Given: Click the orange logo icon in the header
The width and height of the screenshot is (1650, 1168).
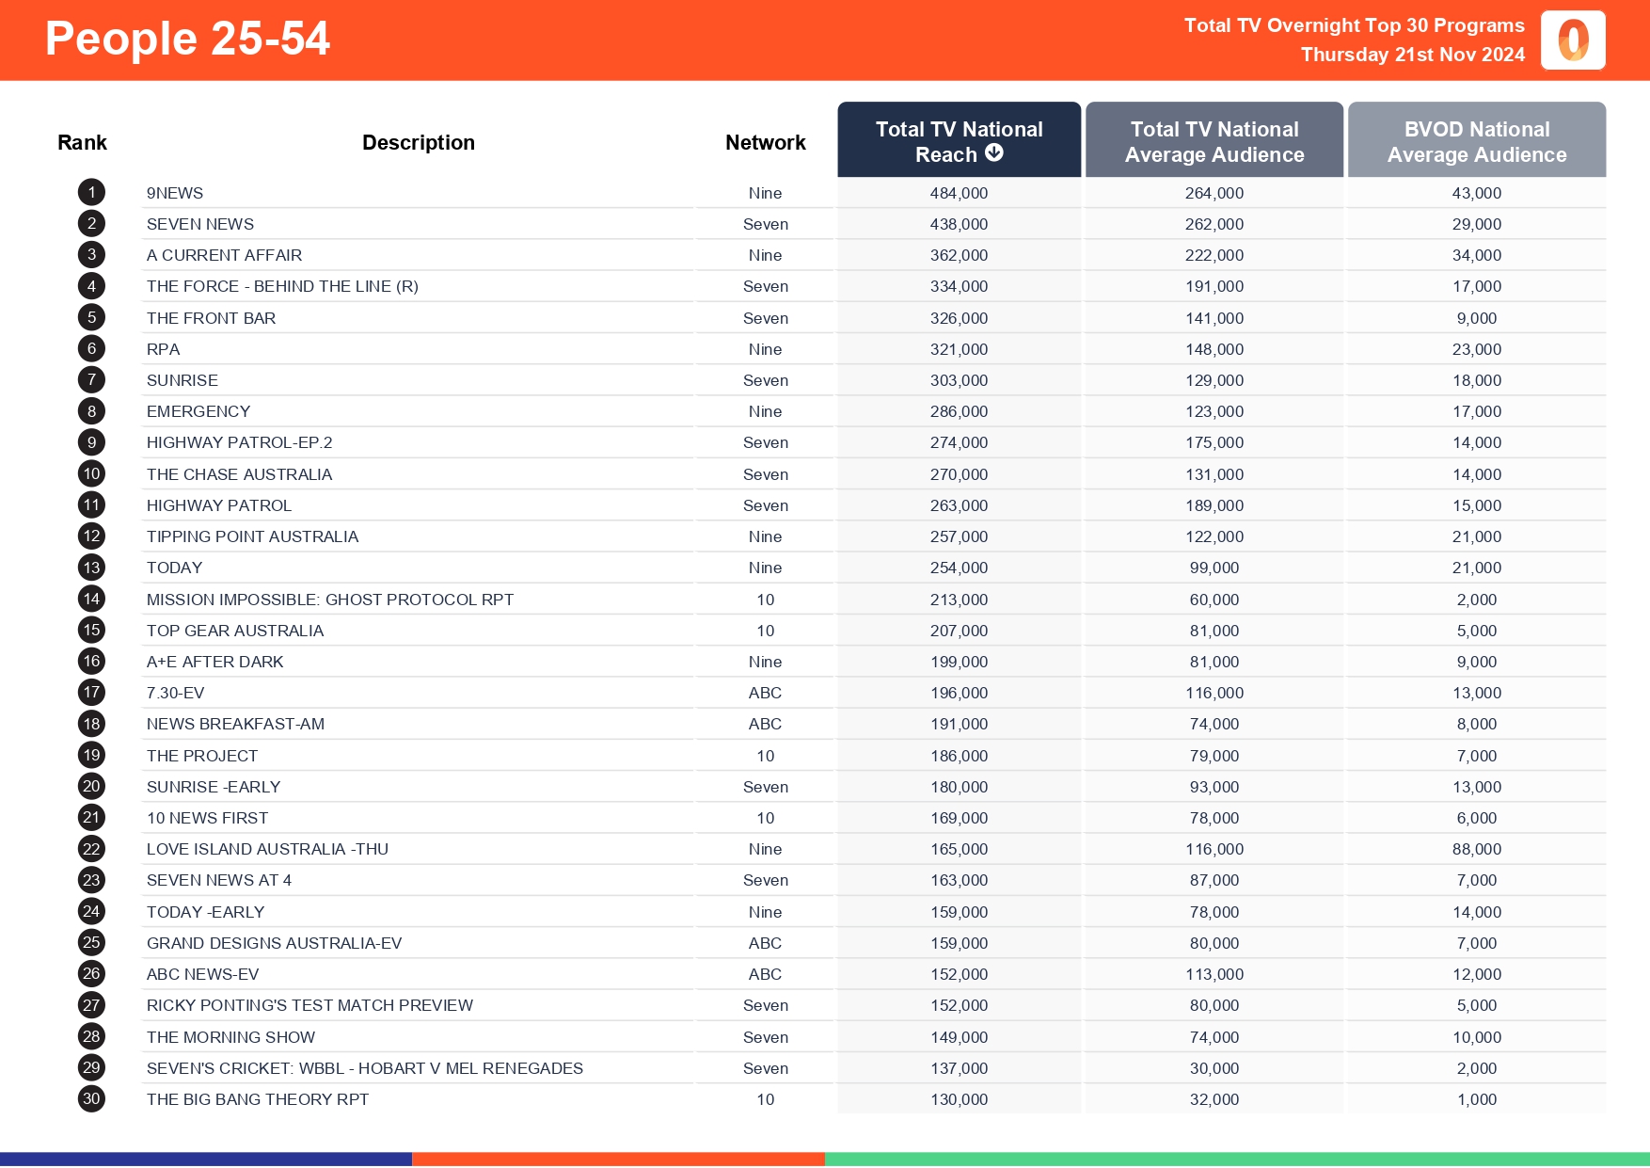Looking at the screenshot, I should click(1573, 40).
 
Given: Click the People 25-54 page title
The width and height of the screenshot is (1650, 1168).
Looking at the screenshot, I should click(187, 40).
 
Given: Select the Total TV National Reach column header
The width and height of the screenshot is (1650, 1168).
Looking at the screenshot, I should click(959, 140).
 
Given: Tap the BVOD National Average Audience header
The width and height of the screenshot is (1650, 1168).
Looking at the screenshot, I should click(1476, 141).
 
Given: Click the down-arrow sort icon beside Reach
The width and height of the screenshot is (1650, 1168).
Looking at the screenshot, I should click(994, 153).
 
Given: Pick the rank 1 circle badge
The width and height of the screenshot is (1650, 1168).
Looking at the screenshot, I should click(91, 193).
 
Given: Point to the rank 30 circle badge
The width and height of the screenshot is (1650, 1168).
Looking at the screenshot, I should click(91, 1099).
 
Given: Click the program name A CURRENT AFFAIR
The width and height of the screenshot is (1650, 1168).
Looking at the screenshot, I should click(224, 255).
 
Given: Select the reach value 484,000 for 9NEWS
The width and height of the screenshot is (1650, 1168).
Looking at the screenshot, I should click(959, 193).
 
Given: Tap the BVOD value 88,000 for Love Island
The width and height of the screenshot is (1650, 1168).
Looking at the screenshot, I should click(1476, 849).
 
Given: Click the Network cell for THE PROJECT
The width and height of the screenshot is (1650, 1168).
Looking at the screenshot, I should click(766, 756).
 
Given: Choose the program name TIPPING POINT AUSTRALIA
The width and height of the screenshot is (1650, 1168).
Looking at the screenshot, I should click(252, 536).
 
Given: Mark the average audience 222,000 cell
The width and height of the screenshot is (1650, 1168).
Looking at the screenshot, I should click(1214, 255).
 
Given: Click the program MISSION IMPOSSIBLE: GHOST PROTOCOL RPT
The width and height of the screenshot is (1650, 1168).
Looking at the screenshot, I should click(329, 600).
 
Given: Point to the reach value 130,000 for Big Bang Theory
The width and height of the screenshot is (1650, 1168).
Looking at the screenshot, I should click(959, 1099).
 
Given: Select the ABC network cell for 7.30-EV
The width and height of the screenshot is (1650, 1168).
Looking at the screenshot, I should click(766, 693).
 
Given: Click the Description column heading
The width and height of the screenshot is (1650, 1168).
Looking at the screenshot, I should click(419, 142).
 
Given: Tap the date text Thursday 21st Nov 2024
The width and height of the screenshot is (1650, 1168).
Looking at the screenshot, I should click(1412, 55).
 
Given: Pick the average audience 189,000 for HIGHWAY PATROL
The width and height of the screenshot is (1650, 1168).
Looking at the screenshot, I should click(1214, 505).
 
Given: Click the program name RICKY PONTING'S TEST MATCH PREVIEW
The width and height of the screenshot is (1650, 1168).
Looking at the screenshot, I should click(309, 1005).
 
